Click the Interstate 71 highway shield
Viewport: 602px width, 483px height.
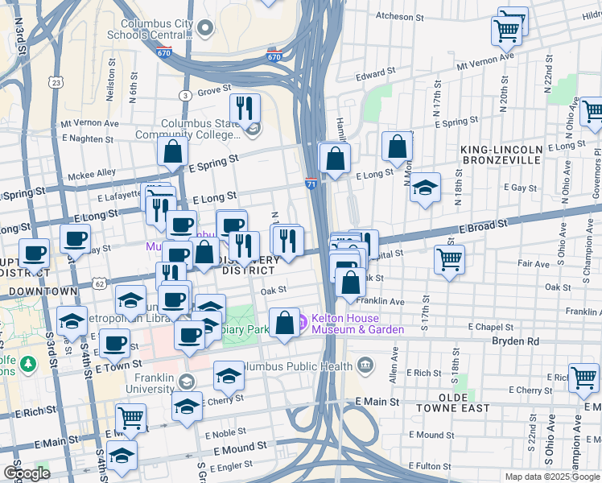(x=311, y=184)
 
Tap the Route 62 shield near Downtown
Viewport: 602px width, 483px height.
(x=98, y=283)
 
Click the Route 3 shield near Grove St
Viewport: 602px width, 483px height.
(x=185, y=96)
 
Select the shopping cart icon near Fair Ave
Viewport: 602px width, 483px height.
(x=449, y=258)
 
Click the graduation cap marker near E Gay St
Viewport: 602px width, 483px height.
(x=425, y=188)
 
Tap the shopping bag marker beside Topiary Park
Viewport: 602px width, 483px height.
(x=284, y=323)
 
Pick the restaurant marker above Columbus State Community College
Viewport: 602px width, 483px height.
(x=244, y=108)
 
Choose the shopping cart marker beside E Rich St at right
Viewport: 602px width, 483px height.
(x=583, y=377)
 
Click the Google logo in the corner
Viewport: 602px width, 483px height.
(x=26, y=473)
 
